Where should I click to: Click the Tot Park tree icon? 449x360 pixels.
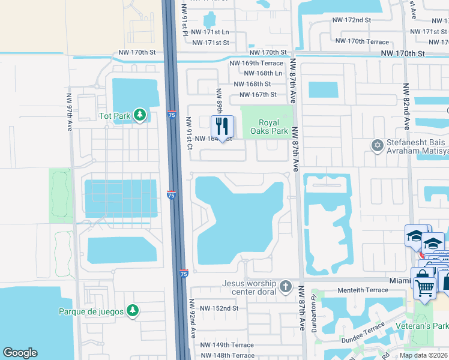coord(140,114)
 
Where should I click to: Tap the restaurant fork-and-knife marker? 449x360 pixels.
coord(222,127)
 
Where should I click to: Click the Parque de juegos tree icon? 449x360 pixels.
coord(133,311)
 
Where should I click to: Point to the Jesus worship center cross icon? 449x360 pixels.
coord(285,287)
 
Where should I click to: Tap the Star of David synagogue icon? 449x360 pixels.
coord(378,145)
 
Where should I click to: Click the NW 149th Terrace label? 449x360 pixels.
coord(227,345)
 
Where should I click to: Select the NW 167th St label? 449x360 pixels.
coord(258,95)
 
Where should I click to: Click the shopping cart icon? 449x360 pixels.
coord(424,287)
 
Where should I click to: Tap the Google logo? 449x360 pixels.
coord(20,353)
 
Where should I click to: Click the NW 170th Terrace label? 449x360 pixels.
coord(362,41)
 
